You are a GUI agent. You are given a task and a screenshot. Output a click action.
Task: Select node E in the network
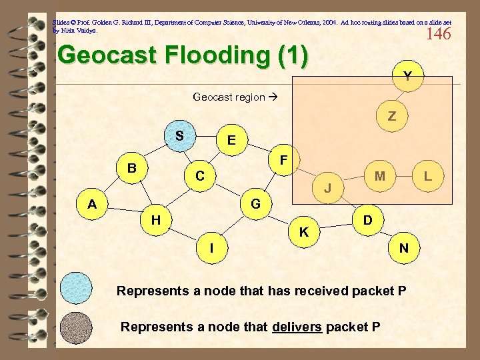tap(231, 140)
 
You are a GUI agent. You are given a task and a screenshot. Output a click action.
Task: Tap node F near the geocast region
tap(283, 161)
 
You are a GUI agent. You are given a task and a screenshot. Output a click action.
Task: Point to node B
tap(133, 168)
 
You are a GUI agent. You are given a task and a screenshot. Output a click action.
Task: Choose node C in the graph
tap(199, 176)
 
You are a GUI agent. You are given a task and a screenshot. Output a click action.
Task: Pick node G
tap(255, 203)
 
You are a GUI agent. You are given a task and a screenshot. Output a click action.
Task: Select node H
tap(155, 219)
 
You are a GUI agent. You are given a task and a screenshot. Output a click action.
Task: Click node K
tap(303, 232)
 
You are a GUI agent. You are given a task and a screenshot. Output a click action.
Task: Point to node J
tap(328, 188)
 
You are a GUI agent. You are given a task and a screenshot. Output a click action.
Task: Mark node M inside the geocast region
tap(380, 176)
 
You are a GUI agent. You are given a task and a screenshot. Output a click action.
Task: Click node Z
tap(392, 117)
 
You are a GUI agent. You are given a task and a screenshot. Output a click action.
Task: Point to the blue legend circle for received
tap(77, 289)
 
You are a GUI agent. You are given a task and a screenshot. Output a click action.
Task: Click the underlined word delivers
tap(297, 327)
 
